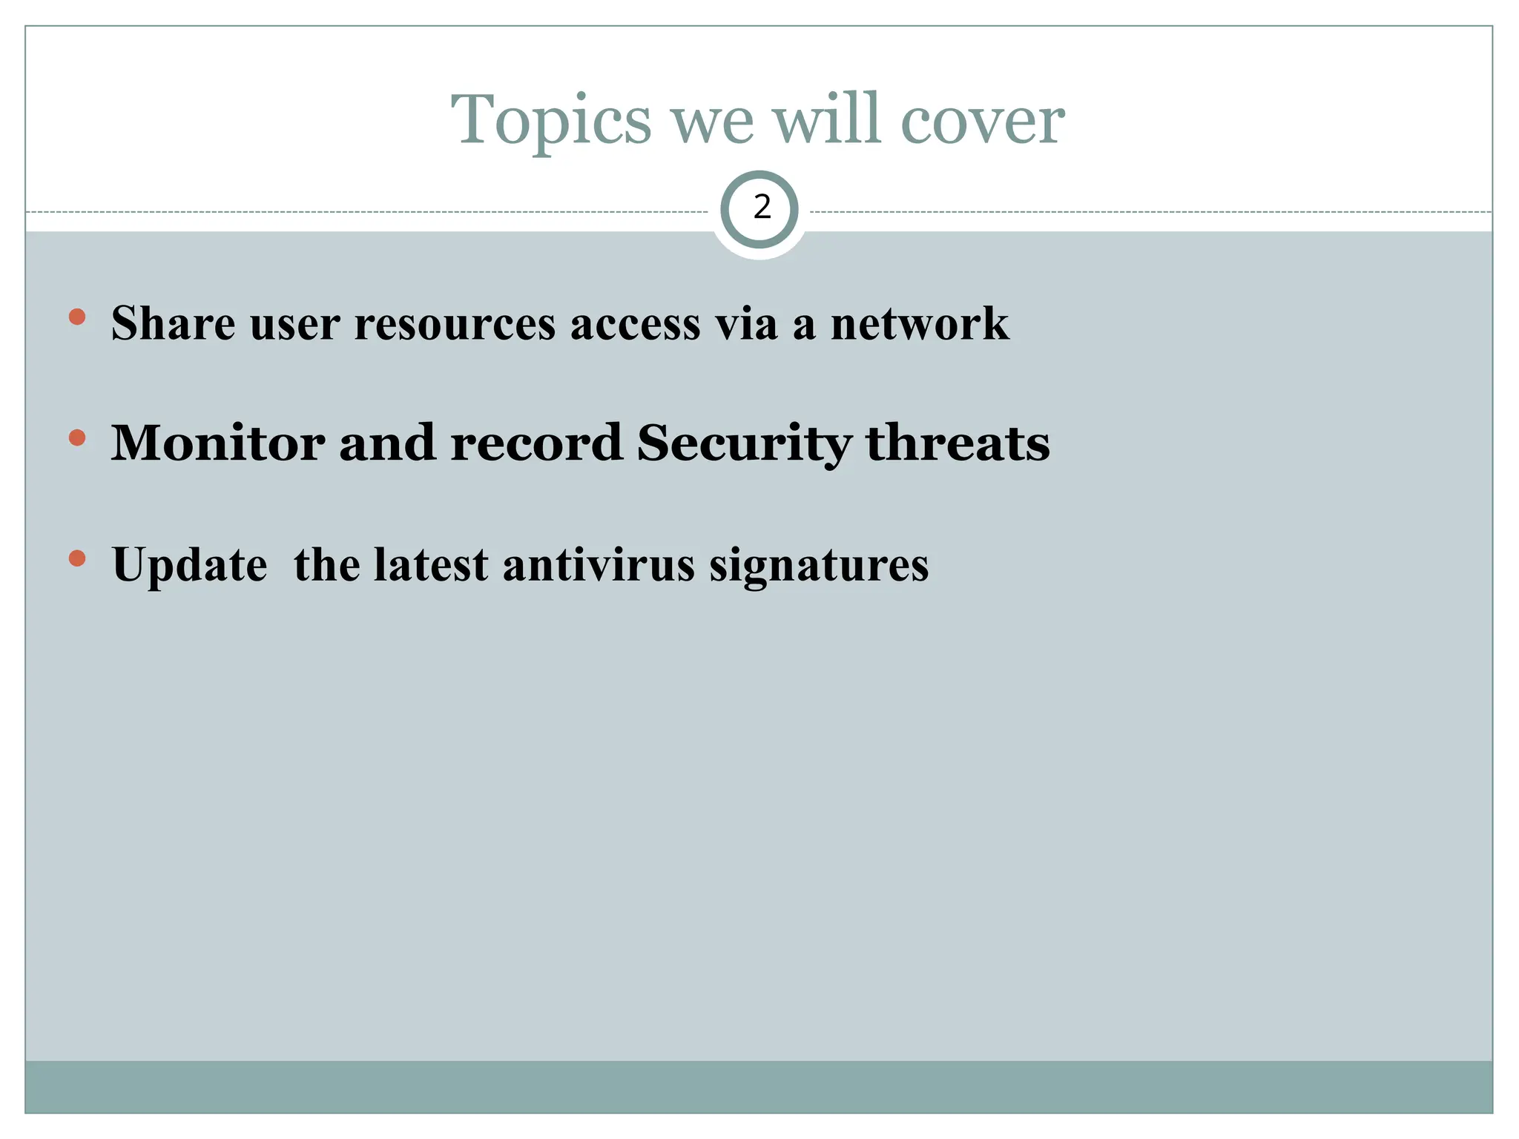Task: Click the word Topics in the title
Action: [551, 121]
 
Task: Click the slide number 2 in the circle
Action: [761, 208]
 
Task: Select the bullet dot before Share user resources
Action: [76, 317]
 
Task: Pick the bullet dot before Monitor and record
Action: [76, 438]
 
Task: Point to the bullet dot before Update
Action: [76, 558]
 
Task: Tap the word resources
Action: [455, 325]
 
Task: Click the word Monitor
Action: [217, 443]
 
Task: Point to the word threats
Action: [958, 443]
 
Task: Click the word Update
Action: [189, 566]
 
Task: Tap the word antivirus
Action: [599, 564]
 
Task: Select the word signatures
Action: [819, 566]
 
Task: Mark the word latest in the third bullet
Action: [430, 564]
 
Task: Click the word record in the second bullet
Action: [536, 443]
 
